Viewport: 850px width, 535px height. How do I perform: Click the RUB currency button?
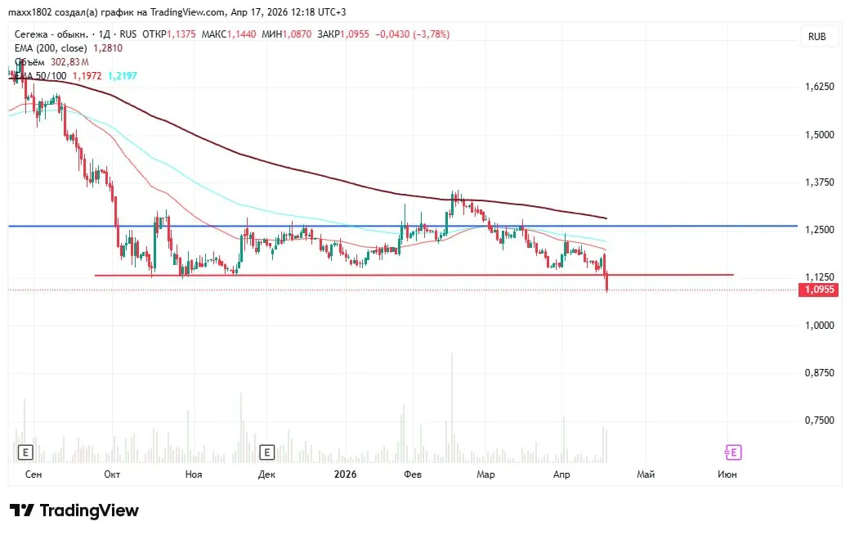pyautogui.click(x=816, y=37)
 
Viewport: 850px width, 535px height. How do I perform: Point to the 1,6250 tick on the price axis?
pyautogui.click(x=820, y=87)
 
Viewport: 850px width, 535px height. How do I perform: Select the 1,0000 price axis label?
pyautogui.click(x=820, y=326)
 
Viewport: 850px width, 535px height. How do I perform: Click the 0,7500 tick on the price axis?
pyautogui.click(x=820, y=420)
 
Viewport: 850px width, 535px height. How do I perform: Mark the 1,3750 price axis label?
pyautogui.click(x=820, y=182)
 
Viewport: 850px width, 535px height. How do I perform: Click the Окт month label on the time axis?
pyautogui.click(x=113, y=474)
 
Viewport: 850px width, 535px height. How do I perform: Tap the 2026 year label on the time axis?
pyautogui.click(x=346, y=474)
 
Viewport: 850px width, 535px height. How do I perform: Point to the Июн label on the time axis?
pyautogui.click(x=727, y=474)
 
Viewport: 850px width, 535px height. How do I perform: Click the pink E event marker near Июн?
pyautogui.click(x=733, y=452)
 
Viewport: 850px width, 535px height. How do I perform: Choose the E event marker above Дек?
pyautogui.click(x=266, y=452)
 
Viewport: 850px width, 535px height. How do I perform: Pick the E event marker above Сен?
pyautogui.click(x=26, y=452)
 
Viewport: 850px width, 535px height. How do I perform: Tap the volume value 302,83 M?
pyautogui.click(x=69, y=62)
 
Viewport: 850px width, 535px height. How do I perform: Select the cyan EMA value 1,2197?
pyautogui.click(x=123, y=75)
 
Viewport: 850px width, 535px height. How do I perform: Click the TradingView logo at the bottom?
pyautogui.click(x=74, y=510)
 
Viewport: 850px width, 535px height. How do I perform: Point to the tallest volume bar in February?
pyautogui.click(x=452, y=409)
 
